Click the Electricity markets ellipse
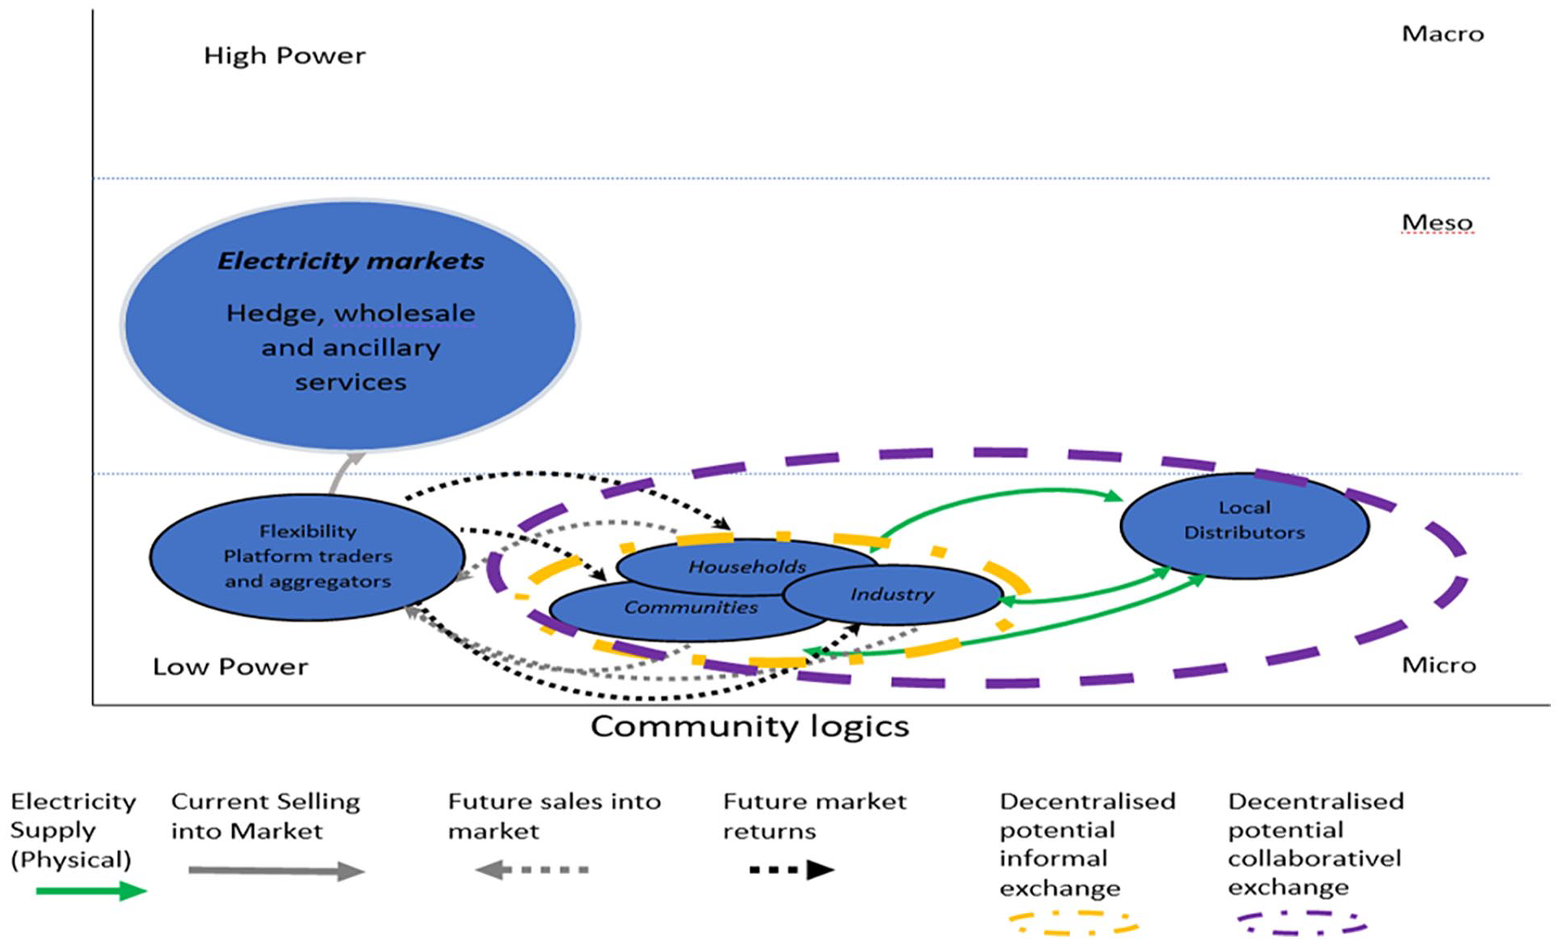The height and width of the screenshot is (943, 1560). [350, 325]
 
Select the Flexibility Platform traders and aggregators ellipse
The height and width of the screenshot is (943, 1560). [308, 558]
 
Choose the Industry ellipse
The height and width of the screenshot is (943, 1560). [893, 595]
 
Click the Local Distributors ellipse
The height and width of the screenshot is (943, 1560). [1244, 525]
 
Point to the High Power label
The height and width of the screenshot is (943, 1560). [284, 56]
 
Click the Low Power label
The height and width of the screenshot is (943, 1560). [231, 667]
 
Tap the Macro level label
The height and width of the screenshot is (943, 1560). [1442, 34]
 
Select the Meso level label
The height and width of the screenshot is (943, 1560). [1437, 222]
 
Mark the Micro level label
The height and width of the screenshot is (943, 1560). [1438, 665]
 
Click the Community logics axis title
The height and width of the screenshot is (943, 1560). [749, 726]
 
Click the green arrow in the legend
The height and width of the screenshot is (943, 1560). [92, 891]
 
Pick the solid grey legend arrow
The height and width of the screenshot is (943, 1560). [277, 871]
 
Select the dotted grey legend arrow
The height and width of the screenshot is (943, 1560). [532, 870]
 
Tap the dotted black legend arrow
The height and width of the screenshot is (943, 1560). [792, 870]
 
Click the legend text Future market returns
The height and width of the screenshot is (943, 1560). [814, 816]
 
